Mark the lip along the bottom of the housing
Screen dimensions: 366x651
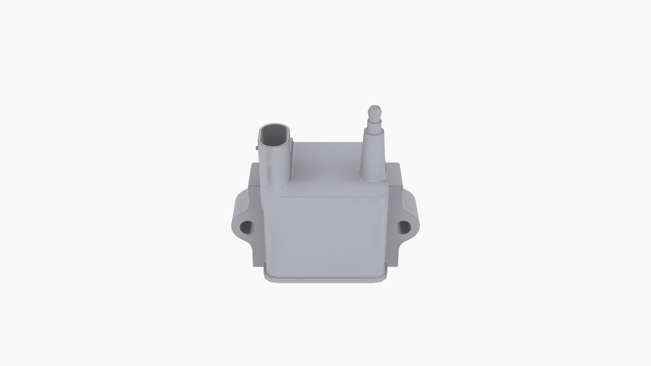(x=325, y=279)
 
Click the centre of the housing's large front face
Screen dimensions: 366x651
(x=325, y=234)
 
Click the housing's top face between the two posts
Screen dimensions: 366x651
(x=325, y=166)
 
